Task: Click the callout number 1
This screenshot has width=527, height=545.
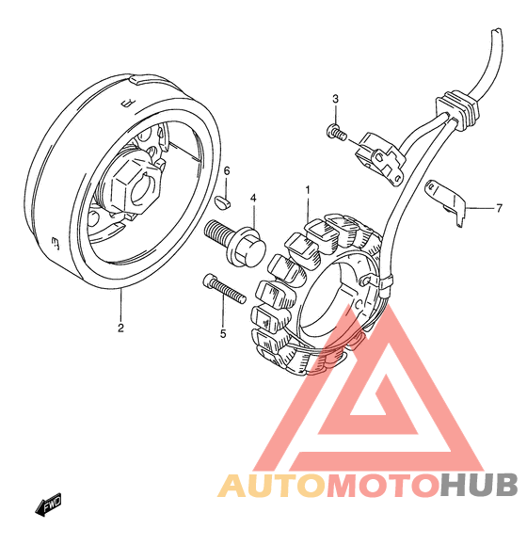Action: (308, 190)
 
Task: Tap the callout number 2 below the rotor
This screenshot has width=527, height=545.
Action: (120, 328)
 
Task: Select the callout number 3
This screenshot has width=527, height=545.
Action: (335, 99)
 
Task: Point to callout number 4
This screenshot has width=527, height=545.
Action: (253, 199)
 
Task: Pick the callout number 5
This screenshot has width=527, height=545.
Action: (223, 334)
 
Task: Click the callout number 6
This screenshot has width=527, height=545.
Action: (227, 170)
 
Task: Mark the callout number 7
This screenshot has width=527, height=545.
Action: (499, 208)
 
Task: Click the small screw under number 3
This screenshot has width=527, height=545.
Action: (336, 132)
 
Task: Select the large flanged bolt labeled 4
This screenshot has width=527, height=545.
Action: (236, 242)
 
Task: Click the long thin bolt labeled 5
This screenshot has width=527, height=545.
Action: (224, 288)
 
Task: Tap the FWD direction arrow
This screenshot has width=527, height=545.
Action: (48, 505)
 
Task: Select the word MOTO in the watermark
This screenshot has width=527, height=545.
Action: (382, 485)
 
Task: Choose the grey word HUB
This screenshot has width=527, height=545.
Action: (479, 485)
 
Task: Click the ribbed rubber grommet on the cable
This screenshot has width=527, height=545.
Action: (456, 110)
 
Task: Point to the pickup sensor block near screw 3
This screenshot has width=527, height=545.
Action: (381, 157)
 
